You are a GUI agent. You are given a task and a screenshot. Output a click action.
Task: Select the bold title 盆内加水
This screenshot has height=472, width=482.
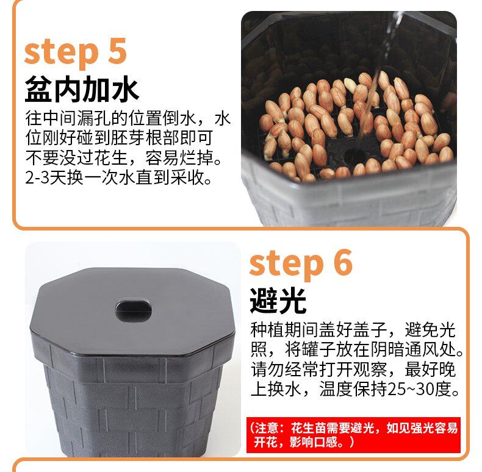pos(82,89)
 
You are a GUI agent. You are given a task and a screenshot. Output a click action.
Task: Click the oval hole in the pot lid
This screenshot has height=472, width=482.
pos(134,310)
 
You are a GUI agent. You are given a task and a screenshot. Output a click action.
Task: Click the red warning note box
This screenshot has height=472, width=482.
pos(353,435)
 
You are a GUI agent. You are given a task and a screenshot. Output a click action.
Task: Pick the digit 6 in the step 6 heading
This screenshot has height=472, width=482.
pos(343,262)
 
